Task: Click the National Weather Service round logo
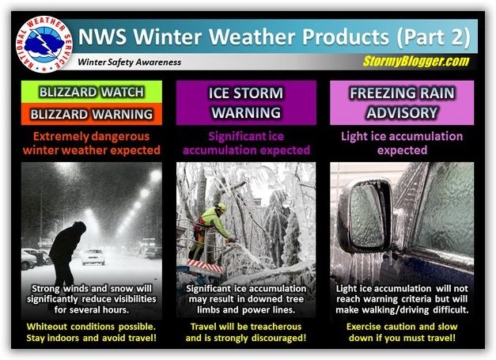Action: pyautogui.click(x=44, y=44)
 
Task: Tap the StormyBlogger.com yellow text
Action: pyautogui.click(x=416, y=61)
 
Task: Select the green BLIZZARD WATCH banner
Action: pyautogui.click(x=92, y=92)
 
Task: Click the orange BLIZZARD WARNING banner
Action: pyautogui.click(x=92, y=114)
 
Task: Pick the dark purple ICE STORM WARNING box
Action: pyautogui.click(x=246, y=103)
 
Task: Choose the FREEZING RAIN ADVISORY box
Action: pyautogui.click(x=402, y=103)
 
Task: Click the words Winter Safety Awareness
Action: pyautogui.click(x=130, y=62)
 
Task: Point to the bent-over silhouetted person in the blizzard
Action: pyautogui.click(x=67, y=253)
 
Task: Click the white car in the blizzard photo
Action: pyautogui.click(x=93, y=256)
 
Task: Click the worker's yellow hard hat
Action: pyautogui.click(x=221, y=207)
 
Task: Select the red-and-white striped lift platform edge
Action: pyautogui.click(x=205, y=266)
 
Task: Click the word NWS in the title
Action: pyautogui.click(x=102, y=36)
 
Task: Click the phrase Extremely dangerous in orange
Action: pyautogui.click(x=91, y=136)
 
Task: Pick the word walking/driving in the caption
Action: pyautogui.click(x=396, y=309)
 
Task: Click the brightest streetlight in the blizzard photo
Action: pyautogui.click(x=156, y=176)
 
